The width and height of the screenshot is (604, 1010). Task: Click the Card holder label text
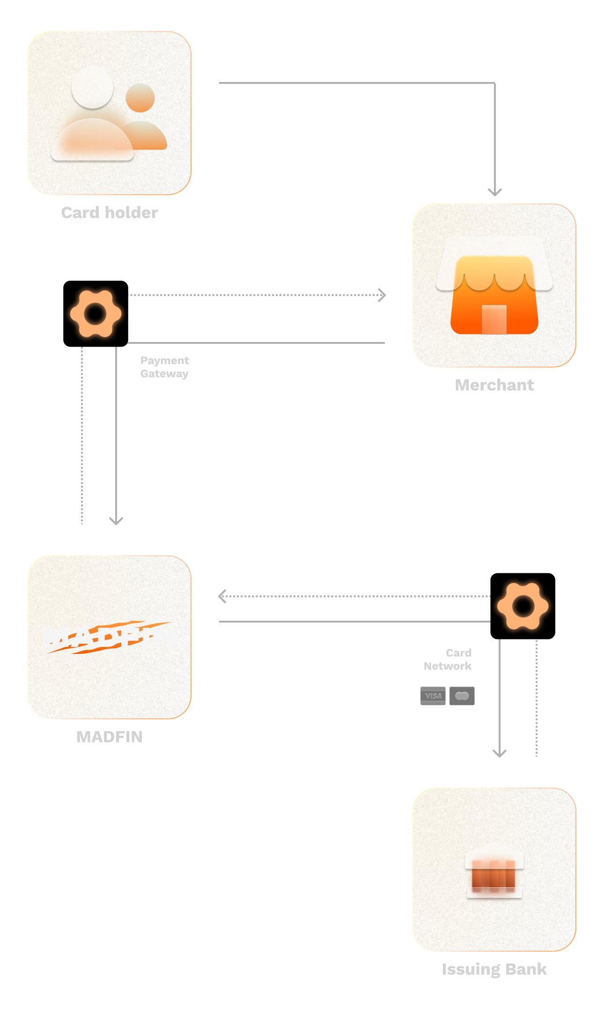click(x=110, y=213)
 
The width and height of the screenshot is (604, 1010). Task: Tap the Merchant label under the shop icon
click(x=494, y=385)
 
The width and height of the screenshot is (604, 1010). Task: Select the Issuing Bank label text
click(x=494, y=969)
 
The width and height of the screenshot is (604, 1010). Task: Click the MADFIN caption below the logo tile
click(x=110, y=737)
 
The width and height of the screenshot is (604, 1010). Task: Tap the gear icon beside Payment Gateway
click(x=96, y=313)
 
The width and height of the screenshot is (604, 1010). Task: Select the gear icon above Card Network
click(x=523, y=606)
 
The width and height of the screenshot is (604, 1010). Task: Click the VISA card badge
click(x=433, y=696)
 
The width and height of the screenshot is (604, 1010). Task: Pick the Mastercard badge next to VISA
click(x=462, y=696)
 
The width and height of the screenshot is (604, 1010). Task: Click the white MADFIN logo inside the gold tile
click(x=110, y=638)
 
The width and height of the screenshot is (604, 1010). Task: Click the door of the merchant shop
click(x=494, y=319)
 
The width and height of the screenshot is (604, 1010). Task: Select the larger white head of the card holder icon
click(x=92, y=88)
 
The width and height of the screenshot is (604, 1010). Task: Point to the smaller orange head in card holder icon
click(x=140, y=98)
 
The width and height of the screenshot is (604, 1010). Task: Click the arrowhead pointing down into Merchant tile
click(x=495, y=192)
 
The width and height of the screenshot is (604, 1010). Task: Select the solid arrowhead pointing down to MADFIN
click(x=116, y=520)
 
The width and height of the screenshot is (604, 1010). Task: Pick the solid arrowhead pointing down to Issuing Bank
click(x=500, y=753)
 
